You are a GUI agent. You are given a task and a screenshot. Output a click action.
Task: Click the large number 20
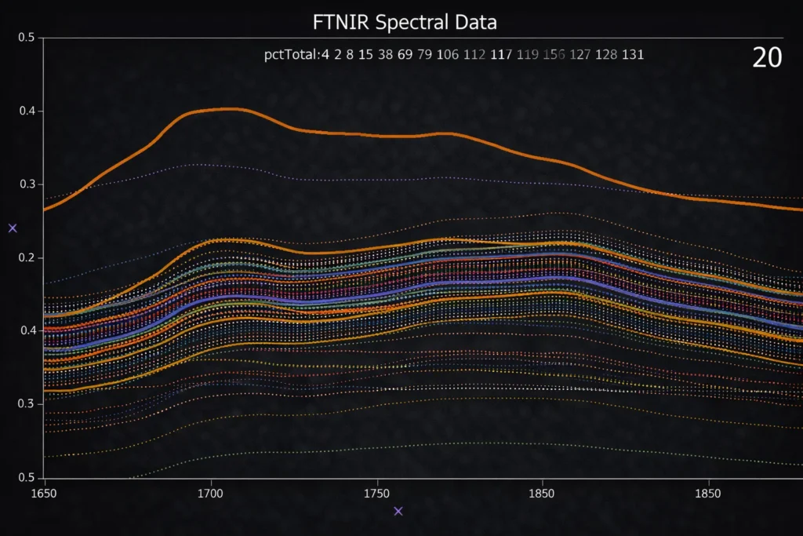[x=767, y=57]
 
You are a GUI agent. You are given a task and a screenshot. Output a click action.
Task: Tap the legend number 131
[x=633, y=55]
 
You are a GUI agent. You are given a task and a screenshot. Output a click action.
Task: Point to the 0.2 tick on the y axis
[x=26, y=257]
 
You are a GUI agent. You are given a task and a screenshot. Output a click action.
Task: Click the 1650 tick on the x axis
[x=45, y=495]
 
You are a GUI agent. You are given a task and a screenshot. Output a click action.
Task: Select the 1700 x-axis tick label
[x=211, y=495]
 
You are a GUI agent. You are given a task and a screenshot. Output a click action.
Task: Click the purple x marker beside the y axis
[x=13, y=228]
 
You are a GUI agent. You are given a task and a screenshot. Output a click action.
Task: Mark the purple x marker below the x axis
[x=398, y=511]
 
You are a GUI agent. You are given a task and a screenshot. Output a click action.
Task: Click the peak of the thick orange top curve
[x=227, y=109]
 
